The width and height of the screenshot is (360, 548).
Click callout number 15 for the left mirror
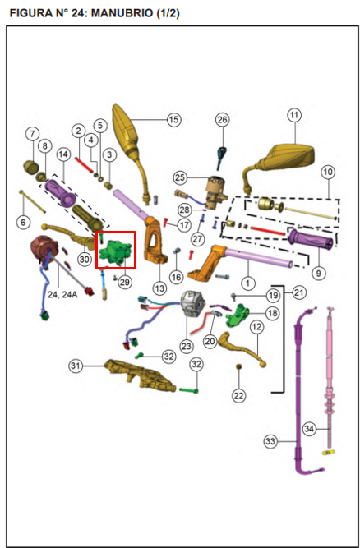(173, 119)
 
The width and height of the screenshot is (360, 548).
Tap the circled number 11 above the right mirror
(294, 115)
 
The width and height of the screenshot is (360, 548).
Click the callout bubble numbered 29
(125, 282)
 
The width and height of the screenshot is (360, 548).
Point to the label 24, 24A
(62, 295)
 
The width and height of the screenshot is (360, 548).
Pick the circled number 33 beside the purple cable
(270, 441)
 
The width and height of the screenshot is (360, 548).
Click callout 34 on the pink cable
(309, 429)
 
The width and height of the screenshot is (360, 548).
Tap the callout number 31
(76, 366)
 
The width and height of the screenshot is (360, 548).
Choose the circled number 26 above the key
(222, 120)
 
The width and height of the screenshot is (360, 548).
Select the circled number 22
(239, 396)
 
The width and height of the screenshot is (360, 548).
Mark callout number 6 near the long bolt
(23, 223)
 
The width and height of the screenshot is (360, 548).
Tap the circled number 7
(33, 134)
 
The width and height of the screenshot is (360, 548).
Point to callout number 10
(328, 172)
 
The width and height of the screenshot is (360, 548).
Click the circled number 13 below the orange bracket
(159, 288)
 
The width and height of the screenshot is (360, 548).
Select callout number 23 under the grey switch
(187, 347)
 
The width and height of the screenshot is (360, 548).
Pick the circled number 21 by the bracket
(299, 292)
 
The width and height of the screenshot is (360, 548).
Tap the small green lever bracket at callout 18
(238, 315)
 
